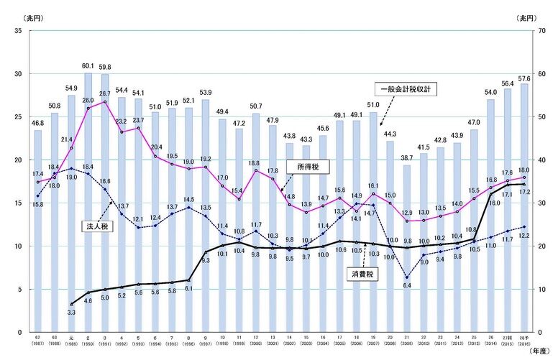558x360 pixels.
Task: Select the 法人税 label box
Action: pyautogui.click(x=95, y=225)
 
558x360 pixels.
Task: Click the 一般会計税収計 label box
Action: pyautogui.click(x=408, y=90)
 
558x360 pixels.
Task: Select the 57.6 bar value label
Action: pyautogui.click(x=523, y=78)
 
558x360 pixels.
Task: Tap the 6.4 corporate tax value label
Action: pyautogui.click(x=406, y=286)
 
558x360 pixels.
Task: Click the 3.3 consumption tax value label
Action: pyautogui.click(x=71, y=313)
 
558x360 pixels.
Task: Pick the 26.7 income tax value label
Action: pyautogui.click(x=105, y=93)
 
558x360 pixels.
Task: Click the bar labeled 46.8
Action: pyautogui.click(x=37, y=230)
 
